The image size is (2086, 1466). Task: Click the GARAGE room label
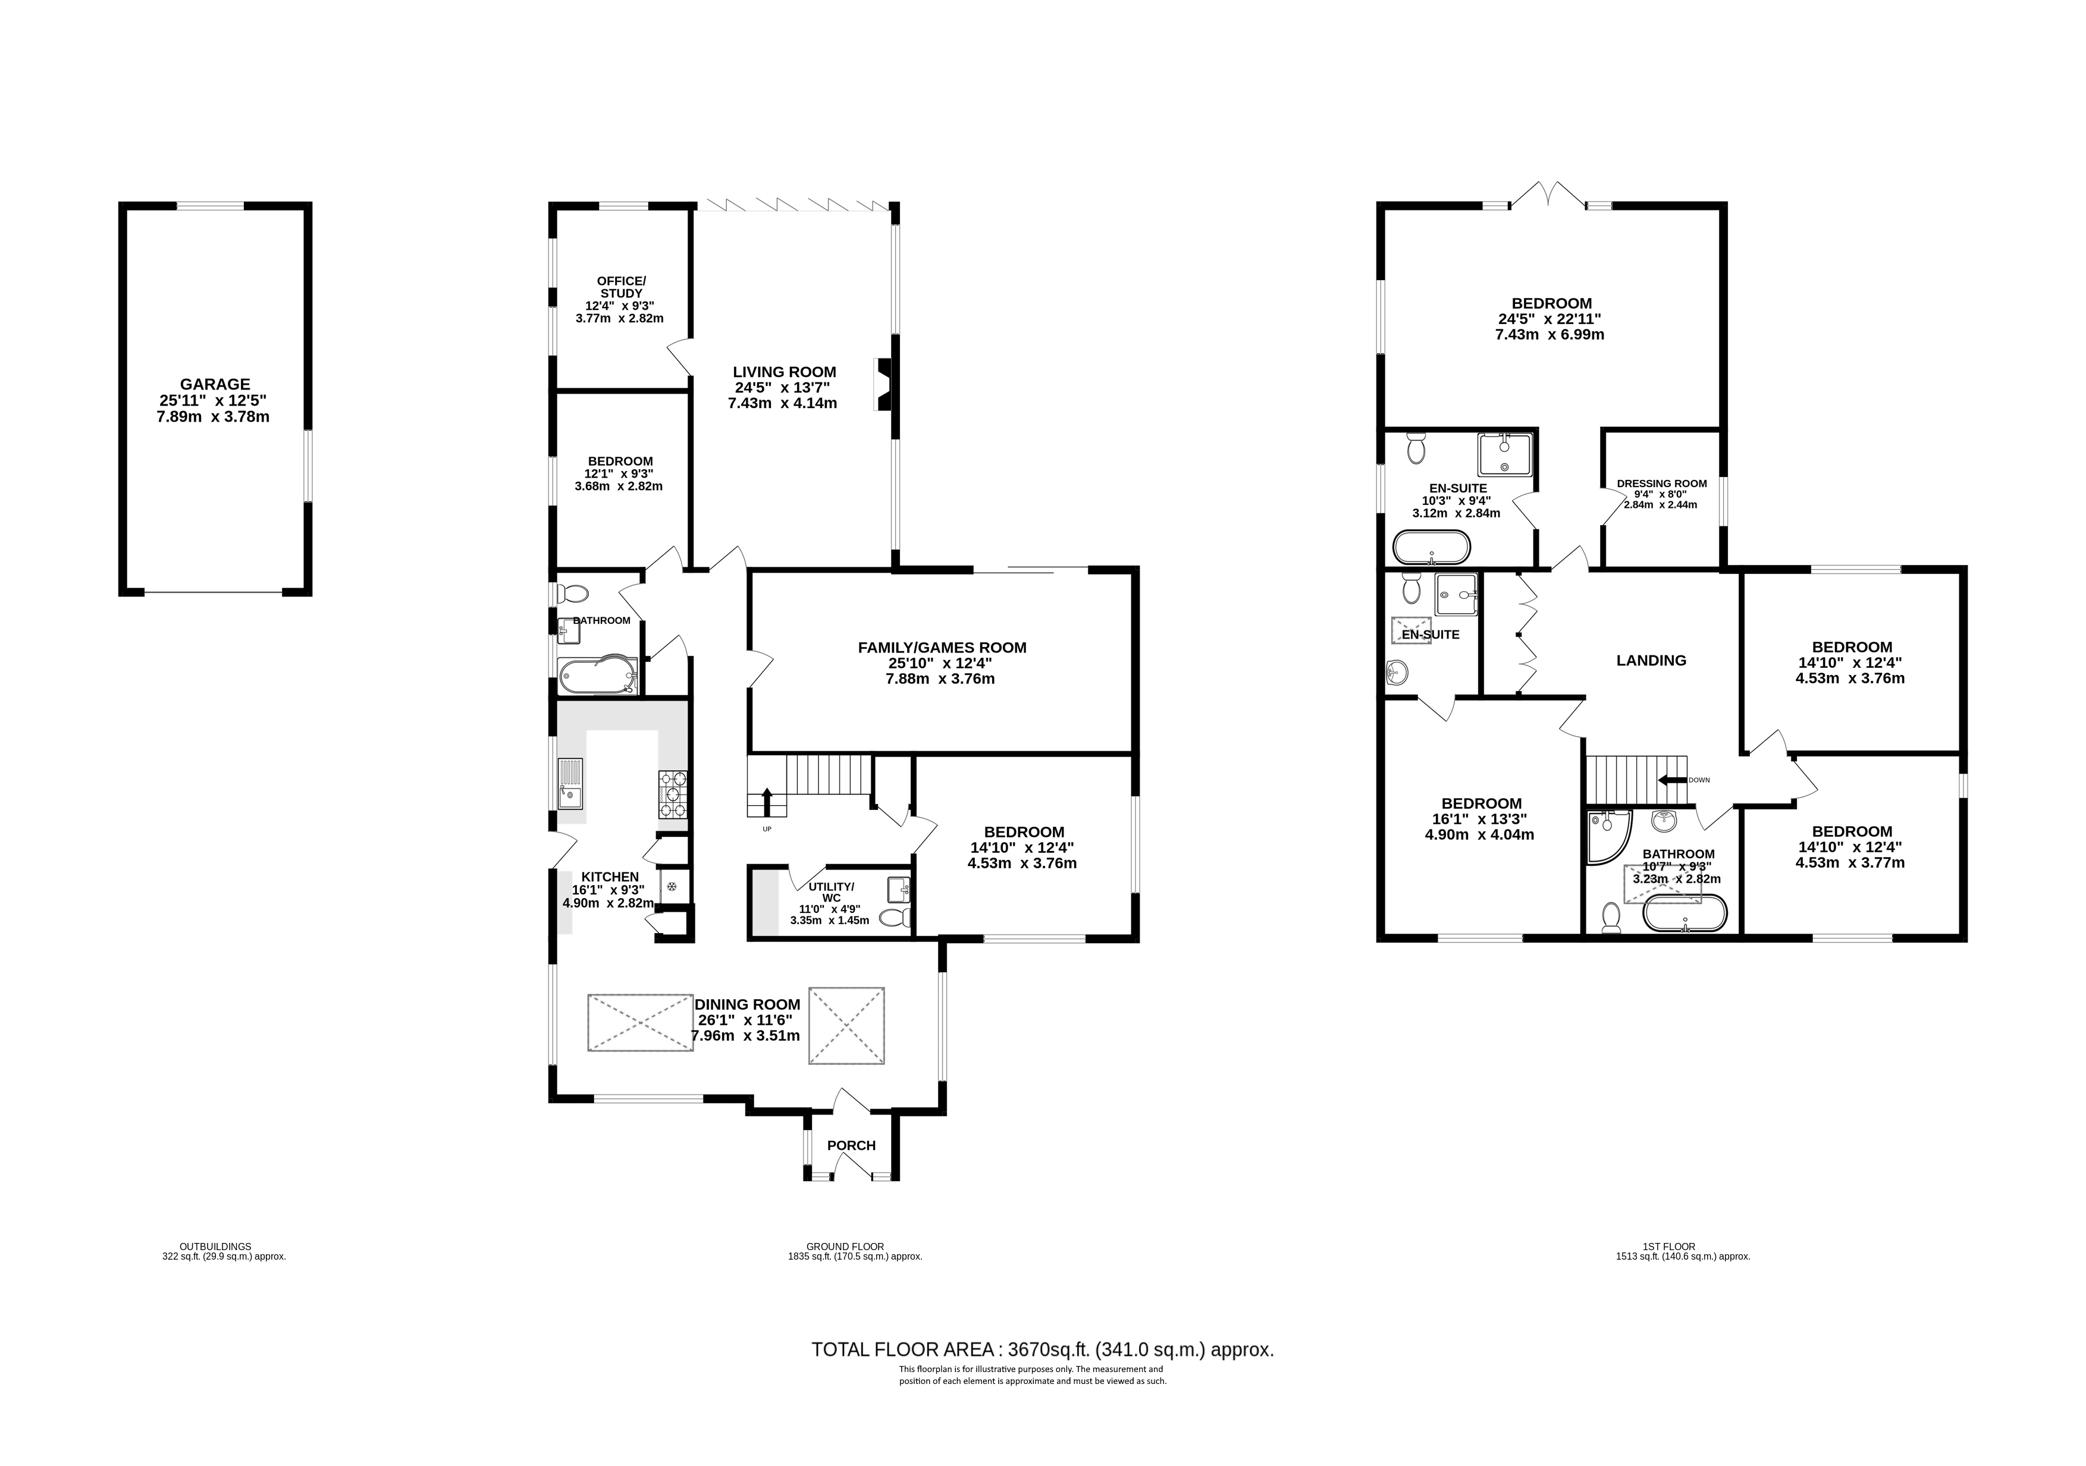(x=215, y=384)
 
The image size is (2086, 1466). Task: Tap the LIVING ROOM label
(x=785, y=372)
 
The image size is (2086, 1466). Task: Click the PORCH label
(x=851, y=1145)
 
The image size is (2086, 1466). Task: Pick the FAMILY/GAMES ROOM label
(x=942, y=648)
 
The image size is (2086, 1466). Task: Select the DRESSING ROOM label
(x=1662, y=484)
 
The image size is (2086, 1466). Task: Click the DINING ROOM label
(x=748, y=1004)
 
